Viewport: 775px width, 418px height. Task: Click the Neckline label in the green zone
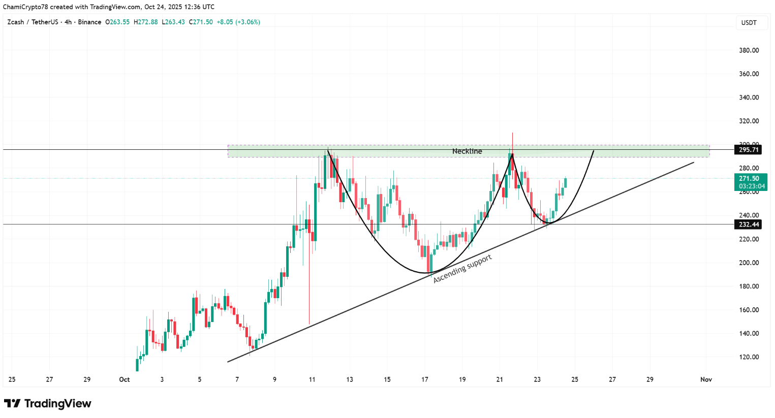[467, 151]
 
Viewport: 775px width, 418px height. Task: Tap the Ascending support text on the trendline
[462, 269]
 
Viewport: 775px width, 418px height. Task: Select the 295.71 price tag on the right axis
[748, 150]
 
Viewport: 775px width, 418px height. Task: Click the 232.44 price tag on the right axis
[748, 224]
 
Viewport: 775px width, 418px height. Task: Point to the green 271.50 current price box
[751, 182]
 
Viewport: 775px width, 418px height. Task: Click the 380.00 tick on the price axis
[749, 50]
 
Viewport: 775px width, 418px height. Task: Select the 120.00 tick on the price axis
[749, 357]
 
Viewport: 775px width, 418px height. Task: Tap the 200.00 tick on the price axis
[749, 263]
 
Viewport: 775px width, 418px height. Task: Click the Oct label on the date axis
[125, 379]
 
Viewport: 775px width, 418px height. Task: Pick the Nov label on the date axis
[706, 379]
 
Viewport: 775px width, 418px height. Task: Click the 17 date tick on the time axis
[425, 379]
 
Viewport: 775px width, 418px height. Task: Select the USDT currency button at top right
[749, 23]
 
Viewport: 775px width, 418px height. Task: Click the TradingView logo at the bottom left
[48, 404]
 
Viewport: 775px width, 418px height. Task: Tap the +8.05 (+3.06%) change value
[238, 22]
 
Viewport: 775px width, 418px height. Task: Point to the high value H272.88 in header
[146, 22]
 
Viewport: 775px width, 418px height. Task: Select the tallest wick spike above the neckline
[512, 140]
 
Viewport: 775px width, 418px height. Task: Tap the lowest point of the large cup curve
[425, 273]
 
